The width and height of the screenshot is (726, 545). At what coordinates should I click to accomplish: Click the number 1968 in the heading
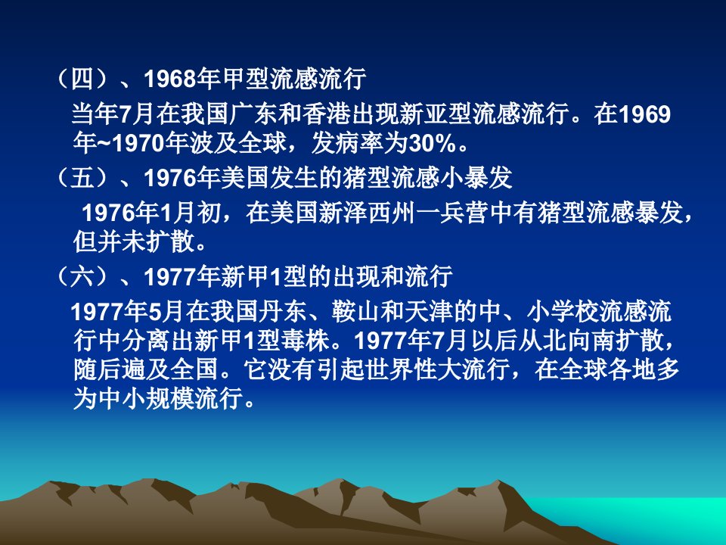point(170,78)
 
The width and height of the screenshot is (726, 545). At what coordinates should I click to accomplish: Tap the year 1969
point(644,114)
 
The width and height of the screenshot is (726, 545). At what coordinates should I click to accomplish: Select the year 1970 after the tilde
point(139,144)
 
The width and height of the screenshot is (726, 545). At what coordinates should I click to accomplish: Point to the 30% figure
point(431,144)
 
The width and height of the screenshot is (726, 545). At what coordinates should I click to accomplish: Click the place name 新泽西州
point(367,213)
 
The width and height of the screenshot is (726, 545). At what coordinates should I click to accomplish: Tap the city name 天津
point(429,311)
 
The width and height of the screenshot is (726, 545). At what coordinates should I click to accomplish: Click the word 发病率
point(347,144)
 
